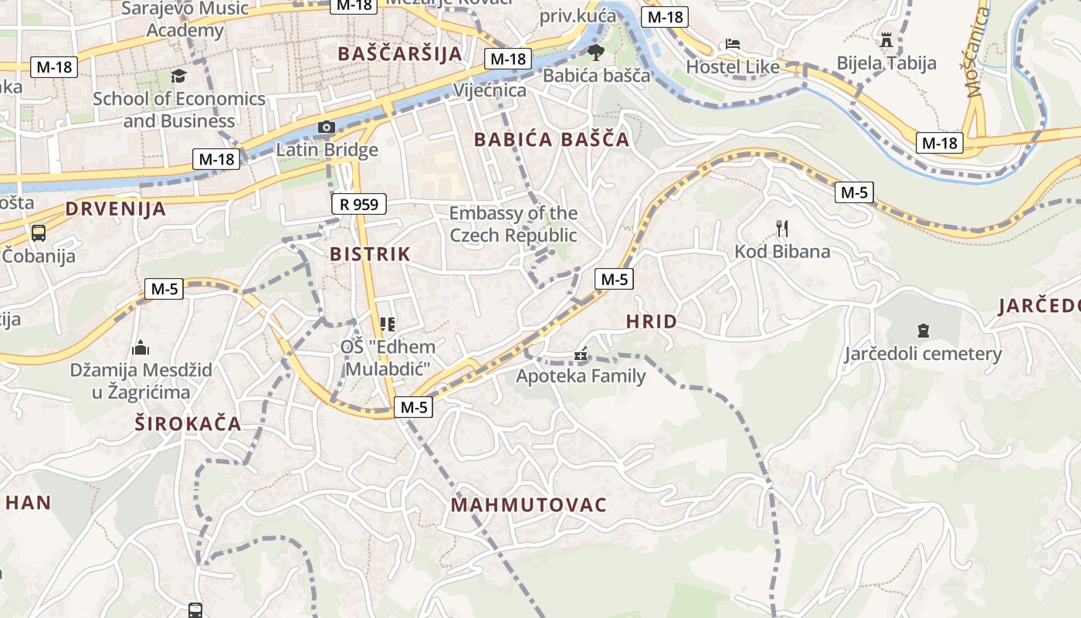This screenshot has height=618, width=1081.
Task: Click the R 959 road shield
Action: [x=359, y=204]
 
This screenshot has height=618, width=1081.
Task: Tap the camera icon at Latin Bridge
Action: [x=327, y=127]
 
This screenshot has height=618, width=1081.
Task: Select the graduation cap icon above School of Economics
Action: [x=179, y=76]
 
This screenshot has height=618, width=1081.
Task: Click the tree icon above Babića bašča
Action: [x=595, y=53]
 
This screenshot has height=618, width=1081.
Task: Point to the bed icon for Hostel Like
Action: [x=732, y=44]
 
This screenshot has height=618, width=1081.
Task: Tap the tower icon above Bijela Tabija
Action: [x=886, y=39]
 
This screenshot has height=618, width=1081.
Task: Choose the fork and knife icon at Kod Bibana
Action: [x=782, y=228]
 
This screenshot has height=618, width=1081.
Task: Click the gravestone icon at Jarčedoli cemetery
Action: [x=923, y=331]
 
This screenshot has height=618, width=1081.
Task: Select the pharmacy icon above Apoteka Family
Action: [x=581, y=355]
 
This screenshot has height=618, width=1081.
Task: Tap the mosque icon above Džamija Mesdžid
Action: [x=141, y=348]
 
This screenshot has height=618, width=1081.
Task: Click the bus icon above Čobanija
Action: [x=38, y=233]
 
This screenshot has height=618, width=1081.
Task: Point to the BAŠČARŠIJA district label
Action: [x=400, y=54]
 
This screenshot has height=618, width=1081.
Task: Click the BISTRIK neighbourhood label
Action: [x=370, y=254]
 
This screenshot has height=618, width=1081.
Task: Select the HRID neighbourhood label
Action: [x=651, y=321]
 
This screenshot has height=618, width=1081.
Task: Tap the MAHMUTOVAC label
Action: [x=529, y=505]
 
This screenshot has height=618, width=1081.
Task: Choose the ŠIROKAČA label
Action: [x=188, y=424]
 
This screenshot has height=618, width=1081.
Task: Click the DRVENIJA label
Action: [x=116, y=209]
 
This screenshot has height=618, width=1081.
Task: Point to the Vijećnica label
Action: [x=490, y=90]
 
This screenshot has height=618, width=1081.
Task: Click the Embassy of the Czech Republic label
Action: [x=513, y=224]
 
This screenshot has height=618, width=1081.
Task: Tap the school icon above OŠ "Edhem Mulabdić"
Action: [x=388, y=324]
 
